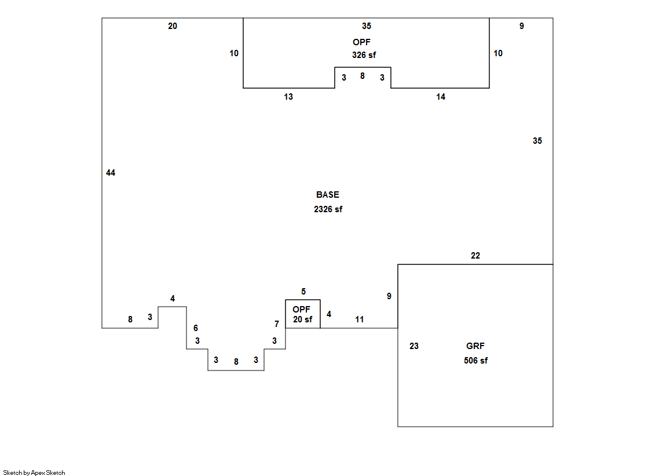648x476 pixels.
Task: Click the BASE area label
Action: (x=328, y=195)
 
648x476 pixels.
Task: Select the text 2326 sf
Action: (x=328, y=209)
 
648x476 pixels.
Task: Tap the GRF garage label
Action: (x=475, y=346)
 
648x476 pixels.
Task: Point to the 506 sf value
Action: (x=475, y=361)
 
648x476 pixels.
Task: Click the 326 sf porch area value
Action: (x=364, y=55)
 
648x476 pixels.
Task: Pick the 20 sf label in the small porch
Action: (x=302, y=319)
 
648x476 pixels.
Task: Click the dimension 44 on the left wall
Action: (x=111, y=173)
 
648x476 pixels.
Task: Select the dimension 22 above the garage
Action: (x=475, y=256)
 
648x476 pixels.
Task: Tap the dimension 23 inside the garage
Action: (x=414, y=346)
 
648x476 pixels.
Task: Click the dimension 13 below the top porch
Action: (x=288, y=97)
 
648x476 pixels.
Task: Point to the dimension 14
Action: (x=441, y=97)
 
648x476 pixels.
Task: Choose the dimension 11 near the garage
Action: (x=360, y=319)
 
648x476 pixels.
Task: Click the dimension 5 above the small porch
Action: (x=303, y=292)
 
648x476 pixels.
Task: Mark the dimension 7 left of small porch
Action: (x=277, y=324)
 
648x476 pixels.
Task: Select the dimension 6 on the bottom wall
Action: (x=196, y=328)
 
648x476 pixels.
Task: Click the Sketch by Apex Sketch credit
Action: (x=34, y=473)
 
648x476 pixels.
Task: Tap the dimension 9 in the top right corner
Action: (x=521, y=26)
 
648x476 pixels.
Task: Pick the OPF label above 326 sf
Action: (x=361, y=42)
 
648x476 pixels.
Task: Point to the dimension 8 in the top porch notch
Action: (x=363, y=76)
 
